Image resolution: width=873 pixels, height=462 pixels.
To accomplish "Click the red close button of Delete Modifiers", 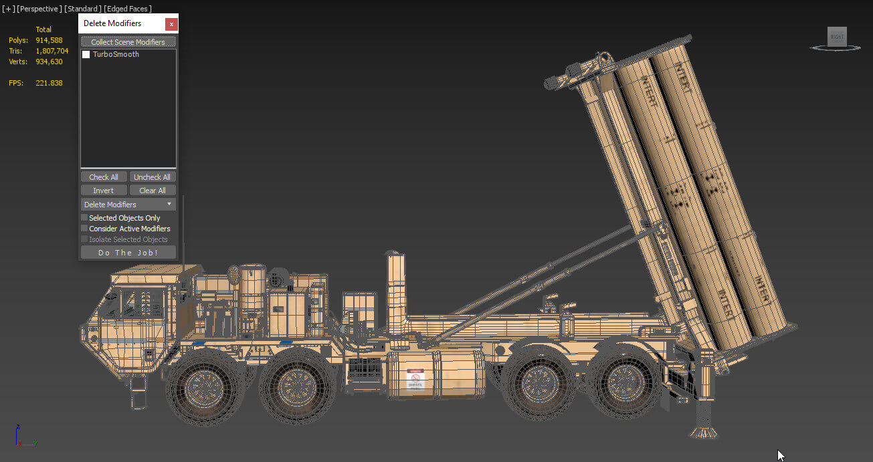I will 171,24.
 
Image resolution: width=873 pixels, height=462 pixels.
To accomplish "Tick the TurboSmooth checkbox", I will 86,55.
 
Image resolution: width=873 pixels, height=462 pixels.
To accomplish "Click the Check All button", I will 104,177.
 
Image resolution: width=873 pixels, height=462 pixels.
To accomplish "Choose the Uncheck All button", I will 153,177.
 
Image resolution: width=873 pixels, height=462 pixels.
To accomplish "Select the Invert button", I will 104,191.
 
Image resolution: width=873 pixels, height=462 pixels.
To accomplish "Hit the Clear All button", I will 153,191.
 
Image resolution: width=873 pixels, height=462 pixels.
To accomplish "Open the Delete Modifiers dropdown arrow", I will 169,205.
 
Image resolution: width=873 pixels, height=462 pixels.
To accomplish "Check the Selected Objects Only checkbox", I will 85,218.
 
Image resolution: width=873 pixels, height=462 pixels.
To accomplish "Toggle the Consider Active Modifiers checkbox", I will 85,229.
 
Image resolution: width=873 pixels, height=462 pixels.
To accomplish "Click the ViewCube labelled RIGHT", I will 837,37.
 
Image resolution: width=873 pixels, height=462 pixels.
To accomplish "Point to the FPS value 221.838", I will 49,83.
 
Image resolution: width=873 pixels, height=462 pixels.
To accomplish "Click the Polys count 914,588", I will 49,40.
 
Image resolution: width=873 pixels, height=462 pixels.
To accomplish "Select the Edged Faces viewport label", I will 128,9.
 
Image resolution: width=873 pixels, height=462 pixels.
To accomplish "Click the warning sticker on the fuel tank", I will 415,380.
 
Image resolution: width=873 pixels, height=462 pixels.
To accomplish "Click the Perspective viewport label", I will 39,9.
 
